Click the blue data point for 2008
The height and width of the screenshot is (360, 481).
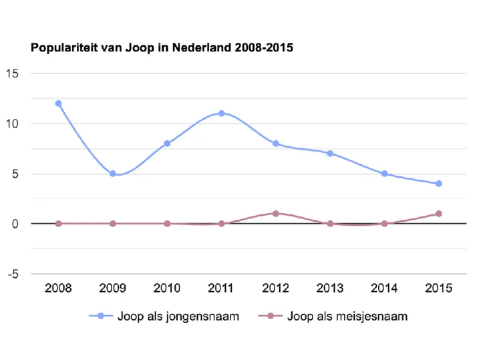pyautogui.click(x=58, y=104)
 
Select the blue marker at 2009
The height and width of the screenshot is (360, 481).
pyautogui.click(x=113, y=174)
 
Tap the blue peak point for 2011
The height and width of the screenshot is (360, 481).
pyautogui.click(x=222, y=114)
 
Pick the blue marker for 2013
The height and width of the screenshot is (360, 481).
pyautogui.click(x=330, y=154)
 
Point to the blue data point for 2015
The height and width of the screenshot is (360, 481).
pyautogui.click(x=439, y=184)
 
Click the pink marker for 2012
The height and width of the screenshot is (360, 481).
pyautogui.click(x=276, y=214)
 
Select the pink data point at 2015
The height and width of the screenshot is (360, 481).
pyautogui.click(x=439, y=214)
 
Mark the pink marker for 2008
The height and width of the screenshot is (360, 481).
pyautogui.click(x=58, y=224)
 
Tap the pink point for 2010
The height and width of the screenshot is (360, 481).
pyautogui.click(x=167, y=224)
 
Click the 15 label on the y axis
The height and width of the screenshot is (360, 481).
pyautogui.click(x=12, y=73)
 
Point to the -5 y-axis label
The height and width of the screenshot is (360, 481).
pyautogui.click(x=13, y=274)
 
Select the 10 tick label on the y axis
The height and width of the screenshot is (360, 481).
pyautogui.click(x=12, y=124)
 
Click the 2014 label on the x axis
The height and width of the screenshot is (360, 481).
pyautogui.click(x=384, y=288)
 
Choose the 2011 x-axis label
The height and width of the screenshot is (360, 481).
pyautogui.click(x=221, y=288)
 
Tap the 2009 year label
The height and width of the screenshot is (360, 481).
pyautogui.click(x=113, y=288)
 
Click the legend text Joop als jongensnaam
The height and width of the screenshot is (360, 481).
pyautogui.click(x=178, y=317)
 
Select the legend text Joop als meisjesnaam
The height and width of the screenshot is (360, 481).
pyautogui.click(x=347, y=317)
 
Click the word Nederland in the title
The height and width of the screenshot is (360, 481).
pyautogui.click(x=202, y=47)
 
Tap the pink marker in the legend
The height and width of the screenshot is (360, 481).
pyautogui.click(x=271, y=316)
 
